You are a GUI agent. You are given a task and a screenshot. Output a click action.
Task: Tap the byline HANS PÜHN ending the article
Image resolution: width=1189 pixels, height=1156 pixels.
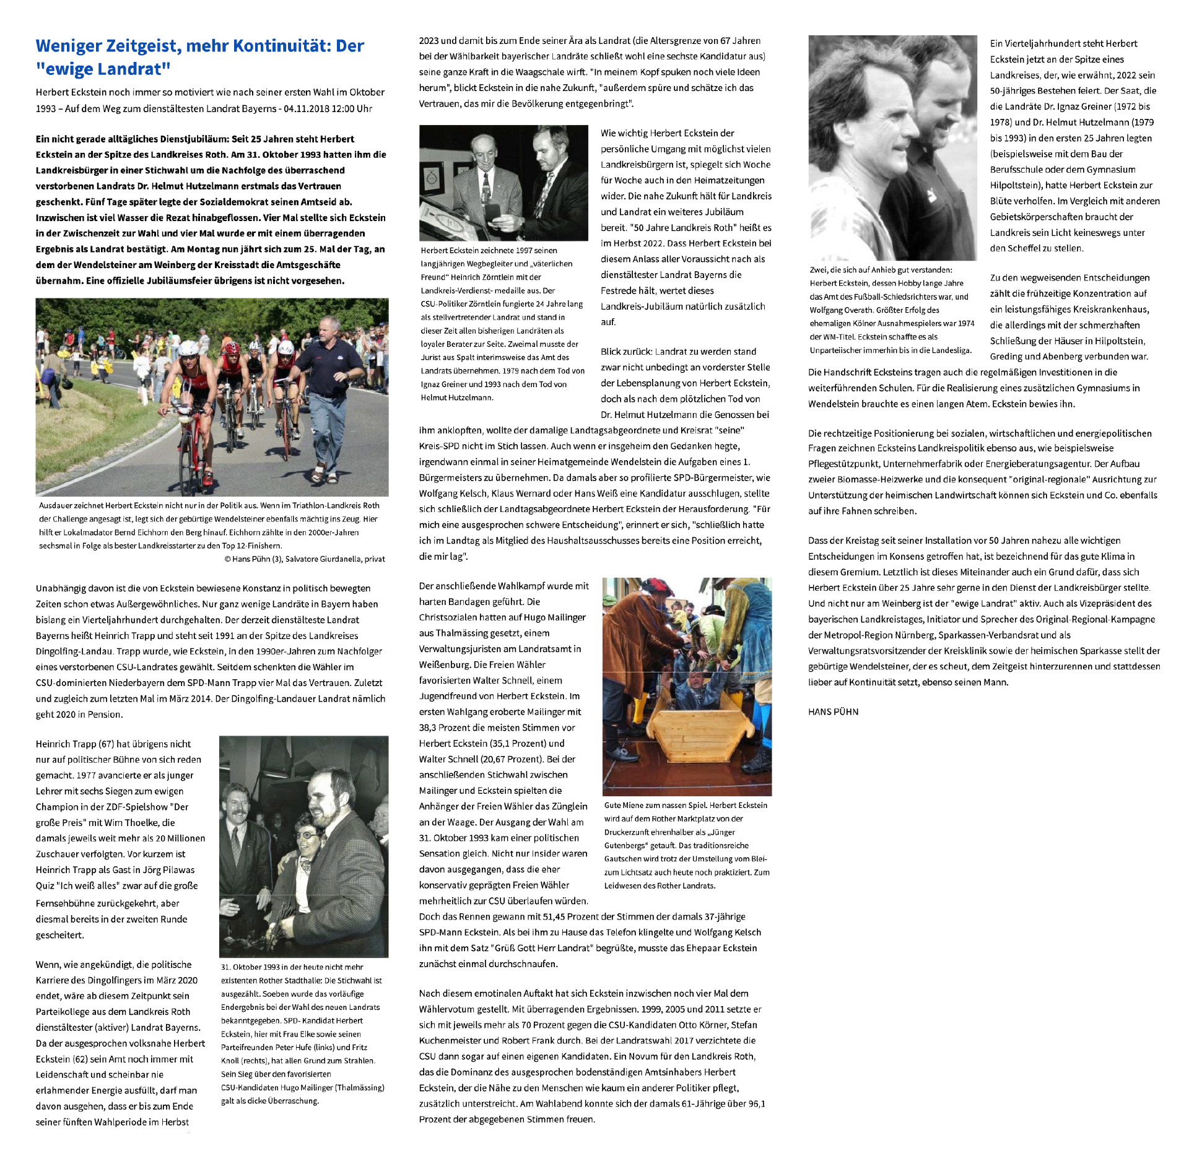click(x=833, y=711)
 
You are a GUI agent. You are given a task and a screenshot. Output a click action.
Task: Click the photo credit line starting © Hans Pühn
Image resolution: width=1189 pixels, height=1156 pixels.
click(x=304, y=559)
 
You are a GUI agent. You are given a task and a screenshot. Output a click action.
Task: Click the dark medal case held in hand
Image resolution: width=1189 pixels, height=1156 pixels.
click(x=494, y=210)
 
